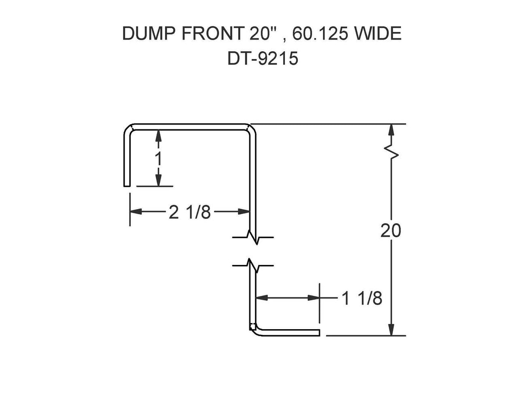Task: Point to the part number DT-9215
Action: click(262, 58)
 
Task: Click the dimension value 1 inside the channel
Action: click(158, 159)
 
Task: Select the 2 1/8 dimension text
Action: click(190, 212)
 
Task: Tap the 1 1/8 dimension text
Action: click(362, 298)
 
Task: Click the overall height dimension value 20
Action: click(391, 231)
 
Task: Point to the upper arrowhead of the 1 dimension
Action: click(158, 135)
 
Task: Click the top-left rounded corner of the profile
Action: click(128, 129)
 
